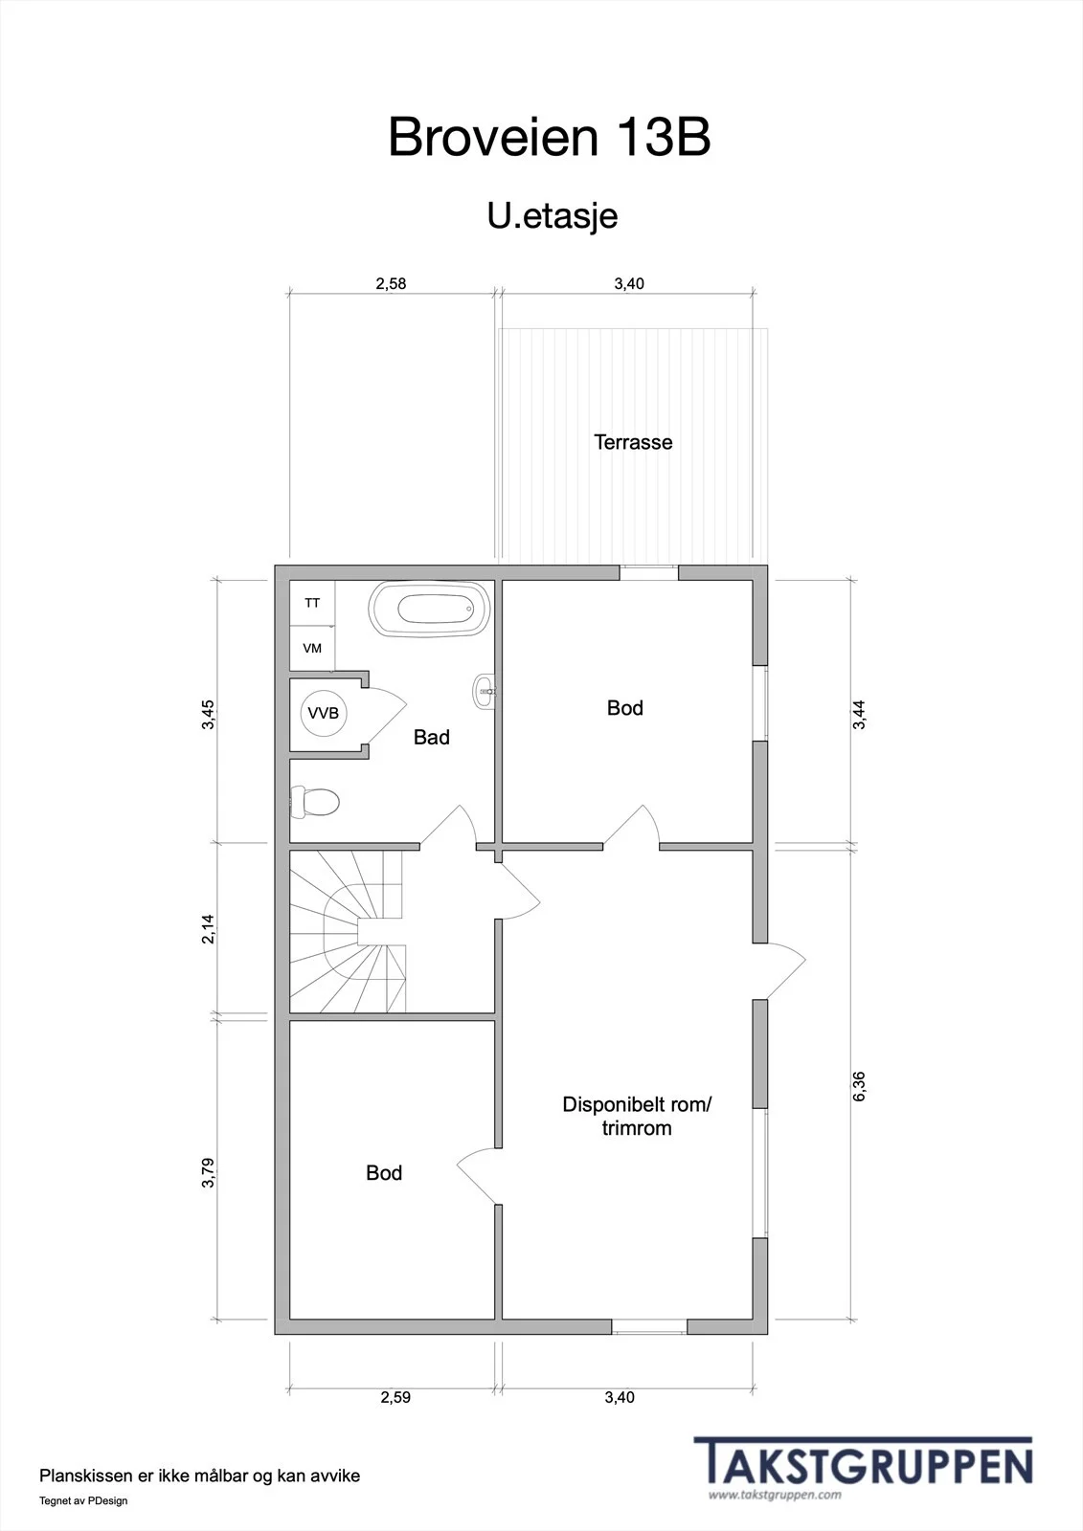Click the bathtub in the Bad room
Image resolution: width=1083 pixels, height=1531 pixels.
430,609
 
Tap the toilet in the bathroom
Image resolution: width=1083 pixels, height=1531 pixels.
315,803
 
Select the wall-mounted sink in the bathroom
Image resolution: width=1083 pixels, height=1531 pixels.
485,692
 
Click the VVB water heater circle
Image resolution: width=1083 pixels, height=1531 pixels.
324,713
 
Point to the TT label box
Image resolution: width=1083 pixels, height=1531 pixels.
312,603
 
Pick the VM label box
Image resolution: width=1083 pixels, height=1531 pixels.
312,648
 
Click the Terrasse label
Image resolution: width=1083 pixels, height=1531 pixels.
633,442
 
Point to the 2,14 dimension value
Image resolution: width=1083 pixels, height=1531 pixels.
208,929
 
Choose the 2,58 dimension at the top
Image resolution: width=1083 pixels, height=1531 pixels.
391,283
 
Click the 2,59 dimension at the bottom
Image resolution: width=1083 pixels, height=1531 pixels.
395,1397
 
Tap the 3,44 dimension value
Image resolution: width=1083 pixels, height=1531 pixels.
859,715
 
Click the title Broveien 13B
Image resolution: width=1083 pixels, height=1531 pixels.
550,137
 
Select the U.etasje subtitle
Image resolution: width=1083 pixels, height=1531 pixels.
553,216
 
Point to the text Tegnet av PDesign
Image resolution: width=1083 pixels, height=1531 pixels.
83,1501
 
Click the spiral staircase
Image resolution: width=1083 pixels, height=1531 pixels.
349,932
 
